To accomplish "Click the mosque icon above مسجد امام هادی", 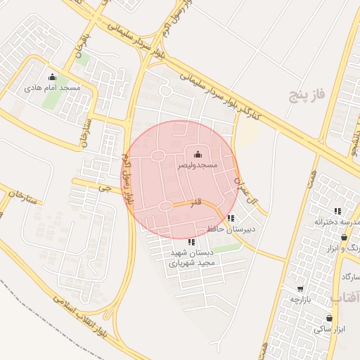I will (x=51, y=77).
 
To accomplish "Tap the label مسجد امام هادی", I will (x=53, y=88).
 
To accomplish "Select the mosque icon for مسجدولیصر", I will (x=197, y=155).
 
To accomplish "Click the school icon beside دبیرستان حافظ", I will (x=231, y=218).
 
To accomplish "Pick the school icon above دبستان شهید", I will (x=192, y=242).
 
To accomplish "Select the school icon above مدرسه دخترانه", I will (x=337, y=211).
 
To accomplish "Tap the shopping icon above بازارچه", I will (x=300, y=288).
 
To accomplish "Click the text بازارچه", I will (x=300, y=299).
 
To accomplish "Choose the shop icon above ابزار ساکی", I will (x=329, y=318).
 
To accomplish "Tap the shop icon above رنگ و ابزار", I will (x=343, y=237).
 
